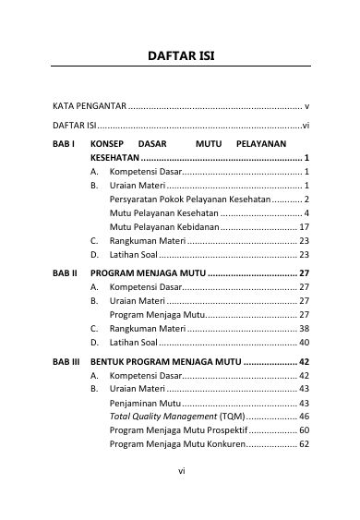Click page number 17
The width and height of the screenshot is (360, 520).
pyautogui.click(x=304, y=226)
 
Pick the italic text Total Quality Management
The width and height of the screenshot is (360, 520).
pyautogui.click(x=158, y=417)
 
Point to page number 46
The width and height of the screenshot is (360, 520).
pyautogui.click(x=304, y=417)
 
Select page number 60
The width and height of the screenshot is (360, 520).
pyautogui.click(x=304, y=430)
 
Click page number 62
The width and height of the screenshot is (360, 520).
pyautogui.click(x=304, y=444)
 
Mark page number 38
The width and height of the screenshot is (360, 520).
pyautogui.click(x=304, y=328)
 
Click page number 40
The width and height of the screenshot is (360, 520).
pyautogui.click(x=304, y=342)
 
